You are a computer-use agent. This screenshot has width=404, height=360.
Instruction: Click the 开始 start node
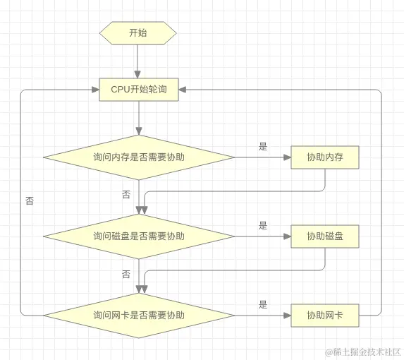(138, 33)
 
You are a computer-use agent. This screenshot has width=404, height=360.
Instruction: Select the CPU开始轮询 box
(139, 90)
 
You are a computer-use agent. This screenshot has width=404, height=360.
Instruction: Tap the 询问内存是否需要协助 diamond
(139, 157)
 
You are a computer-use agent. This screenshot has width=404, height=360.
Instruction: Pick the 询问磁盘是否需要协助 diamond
(139, 236)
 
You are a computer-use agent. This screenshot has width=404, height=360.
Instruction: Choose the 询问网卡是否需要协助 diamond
(139, 315)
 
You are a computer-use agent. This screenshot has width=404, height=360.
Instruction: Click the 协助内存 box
(325, 157)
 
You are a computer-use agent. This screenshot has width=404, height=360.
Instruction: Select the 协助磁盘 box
(325, 236)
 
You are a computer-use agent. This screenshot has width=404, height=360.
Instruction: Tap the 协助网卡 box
(325, 315)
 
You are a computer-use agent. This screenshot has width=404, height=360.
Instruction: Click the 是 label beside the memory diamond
(263, 147)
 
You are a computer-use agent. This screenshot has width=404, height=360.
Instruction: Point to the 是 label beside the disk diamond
(263, 226)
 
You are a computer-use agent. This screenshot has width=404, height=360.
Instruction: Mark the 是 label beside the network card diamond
(263, 305)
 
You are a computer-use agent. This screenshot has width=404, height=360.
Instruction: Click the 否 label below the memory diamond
(126, 194)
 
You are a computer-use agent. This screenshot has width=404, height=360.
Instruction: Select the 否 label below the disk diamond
(126, 273)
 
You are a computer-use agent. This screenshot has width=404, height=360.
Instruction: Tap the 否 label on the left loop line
(29, 200)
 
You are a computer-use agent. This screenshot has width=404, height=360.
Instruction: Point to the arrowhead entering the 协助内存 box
(287, 157)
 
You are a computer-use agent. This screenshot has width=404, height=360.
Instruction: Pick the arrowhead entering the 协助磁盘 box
(287, 236)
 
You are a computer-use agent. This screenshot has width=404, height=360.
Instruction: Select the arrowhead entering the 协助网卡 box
(287, 315)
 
